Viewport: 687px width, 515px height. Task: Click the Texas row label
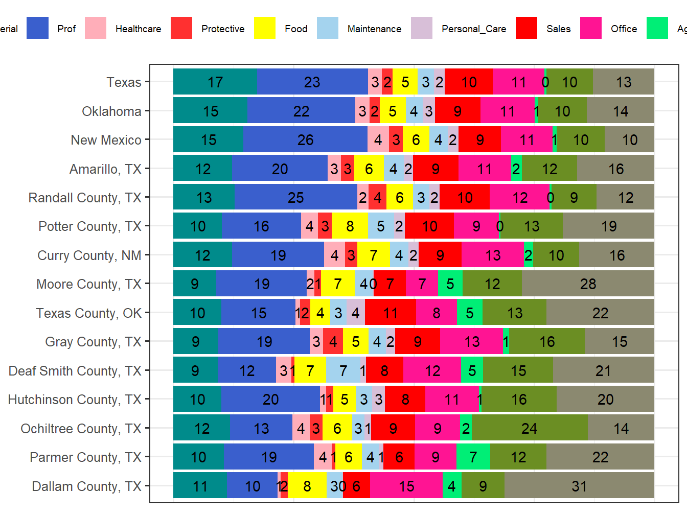124,82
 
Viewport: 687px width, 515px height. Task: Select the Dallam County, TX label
86,486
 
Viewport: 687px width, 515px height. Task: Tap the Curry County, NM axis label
89,255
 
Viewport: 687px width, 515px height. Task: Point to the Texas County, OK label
88,313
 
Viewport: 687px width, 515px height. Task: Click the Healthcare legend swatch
96,28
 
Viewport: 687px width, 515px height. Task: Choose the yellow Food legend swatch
265,28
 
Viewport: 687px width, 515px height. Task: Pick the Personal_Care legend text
473,29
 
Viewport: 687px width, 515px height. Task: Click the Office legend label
624,29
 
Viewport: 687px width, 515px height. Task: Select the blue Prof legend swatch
37,28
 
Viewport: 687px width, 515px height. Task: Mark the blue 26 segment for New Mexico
305,139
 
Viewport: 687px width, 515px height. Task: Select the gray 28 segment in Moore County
588,284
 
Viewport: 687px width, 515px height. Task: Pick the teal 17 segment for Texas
215,82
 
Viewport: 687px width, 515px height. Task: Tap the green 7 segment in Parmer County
473,457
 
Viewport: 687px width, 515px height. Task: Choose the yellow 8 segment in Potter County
350,226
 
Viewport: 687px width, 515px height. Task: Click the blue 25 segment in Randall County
296,197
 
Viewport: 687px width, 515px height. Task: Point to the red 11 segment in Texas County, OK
391,313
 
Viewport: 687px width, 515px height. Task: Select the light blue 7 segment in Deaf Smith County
343,370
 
